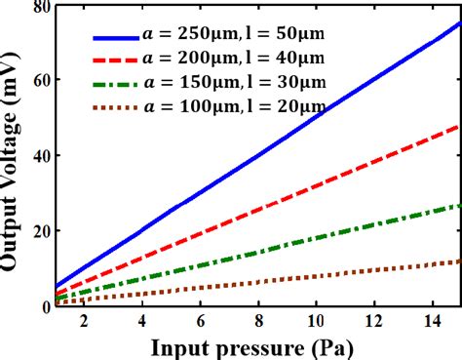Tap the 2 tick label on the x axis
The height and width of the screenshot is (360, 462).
pos(84,321)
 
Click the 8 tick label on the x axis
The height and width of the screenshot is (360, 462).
pos(258,321)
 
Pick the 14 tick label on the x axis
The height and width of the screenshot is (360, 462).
pos(430,321)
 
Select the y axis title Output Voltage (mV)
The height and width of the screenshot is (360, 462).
pos(13,156)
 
